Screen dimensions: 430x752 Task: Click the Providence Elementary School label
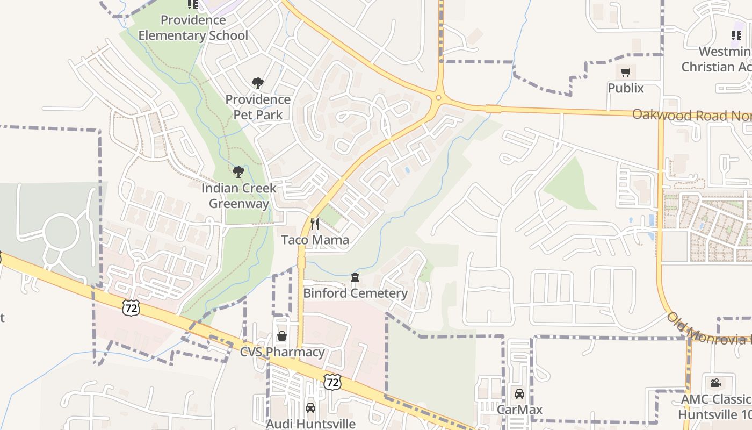tap(193, 28)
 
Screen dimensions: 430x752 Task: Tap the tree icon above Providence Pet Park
tap(258, 83)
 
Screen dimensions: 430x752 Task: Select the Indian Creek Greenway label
tap(239, 196)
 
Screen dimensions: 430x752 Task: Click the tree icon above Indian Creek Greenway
tap(238, 172)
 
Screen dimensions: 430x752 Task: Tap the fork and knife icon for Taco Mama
tap(315, 224)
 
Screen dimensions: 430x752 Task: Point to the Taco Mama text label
tap(315, 240)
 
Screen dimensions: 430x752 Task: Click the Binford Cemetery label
tap(355, 293)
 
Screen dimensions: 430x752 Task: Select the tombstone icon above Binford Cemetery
tap(355, 277)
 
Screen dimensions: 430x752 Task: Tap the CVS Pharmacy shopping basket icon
tap(282, 336)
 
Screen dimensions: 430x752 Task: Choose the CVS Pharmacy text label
tap(282, 352)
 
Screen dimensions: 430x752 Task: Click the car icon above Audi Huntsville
tap(310, 408)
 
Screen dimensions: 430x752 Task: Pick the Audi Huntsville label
tap(310, 424)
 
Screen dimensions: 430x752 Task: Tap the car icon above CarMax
tap(519, 394)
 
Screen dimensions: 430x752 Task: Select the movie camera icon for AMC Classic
tap(715, 383)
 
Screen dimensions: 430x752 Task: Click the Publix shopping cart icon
tap(626, 72)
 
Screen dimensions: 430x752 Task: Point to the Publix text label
tap(626, 88)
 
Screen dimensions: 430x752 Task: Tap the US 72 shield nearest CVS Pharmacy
tap(332, 382)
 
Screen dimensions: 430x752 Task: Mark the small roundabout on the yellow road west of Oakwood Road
tap(438, 98)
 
